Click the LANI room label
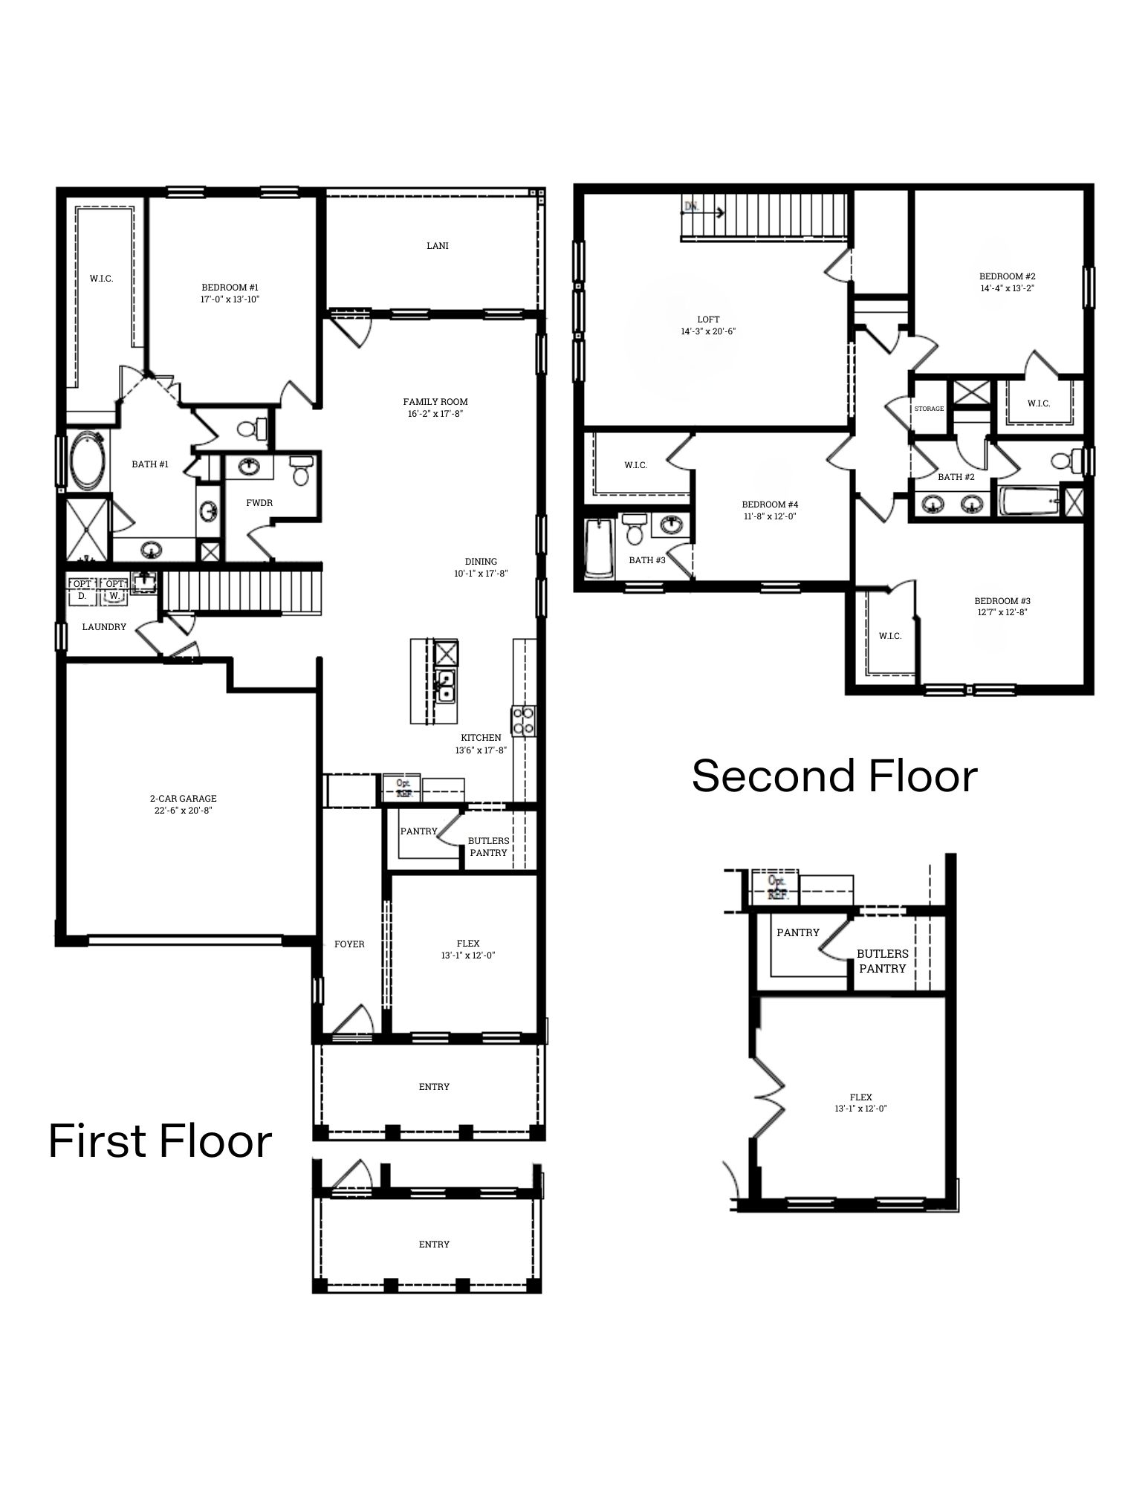[x=437, y=246]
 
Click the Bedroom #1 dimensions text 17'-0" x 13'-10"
[x=230, y=299]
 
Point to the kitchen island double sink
[x=445, y=686]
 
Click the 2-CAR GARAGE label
[x=183, y=799]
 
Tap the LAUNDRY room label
[x=104, y=627]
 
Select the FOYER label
[x=349, y=944]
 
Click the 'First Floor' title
[x=160, y=1141]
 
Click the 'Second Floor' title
[x=834, y=776]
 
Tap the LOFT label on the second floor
[x=708, y=319]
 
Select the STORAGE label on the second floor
[x=929, y=409]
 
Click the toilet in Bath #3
[x=634, y=529]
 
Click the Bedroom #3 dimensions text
[x=1002, y=613]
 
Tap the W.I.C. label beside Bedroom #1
[x=102, y=279]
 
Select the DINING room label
[x=481, y=562]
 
